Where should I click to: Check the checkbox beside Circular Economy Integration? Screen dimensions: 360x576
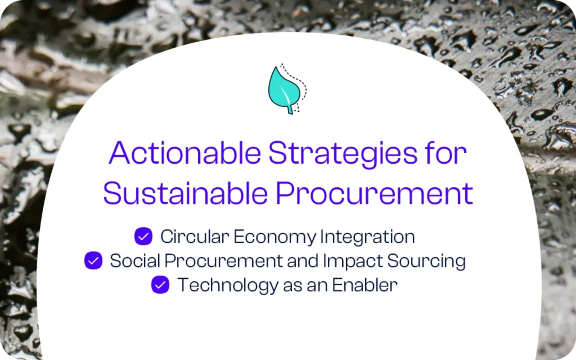(143, 237)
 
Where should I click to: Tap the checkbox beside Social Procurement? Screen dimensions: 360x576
(93, 261)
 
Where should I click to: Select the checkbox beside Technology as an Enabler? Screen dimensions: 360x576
(160, 285)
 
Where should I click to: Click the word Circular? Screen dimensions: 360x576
(195, 237)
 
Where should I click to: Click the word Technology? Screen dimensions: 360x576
(217, 285)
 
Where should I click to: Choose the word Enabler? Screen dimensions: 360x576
(365, 285)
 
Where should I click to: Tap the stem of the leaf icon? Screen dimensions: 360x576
(290, 109)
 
